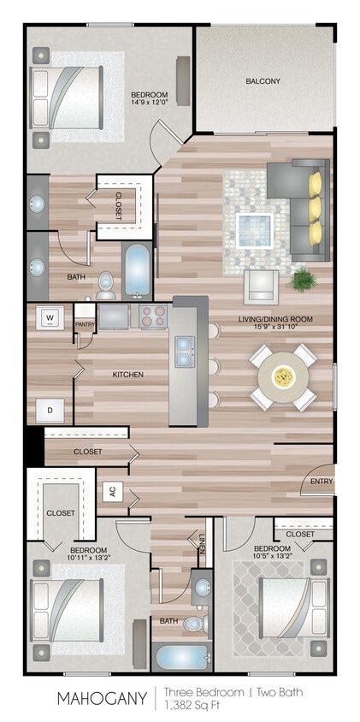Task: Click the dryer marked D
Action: tap(50, 411)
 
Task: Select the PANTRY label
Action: tap(85, 324)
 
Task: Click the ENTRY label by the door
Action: tap(322, 481)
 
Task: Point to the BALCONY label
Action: tap(263, 81)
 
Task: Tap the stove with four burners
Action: tap(153, 317)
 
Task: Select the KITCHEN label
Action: tap(128, 375)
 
